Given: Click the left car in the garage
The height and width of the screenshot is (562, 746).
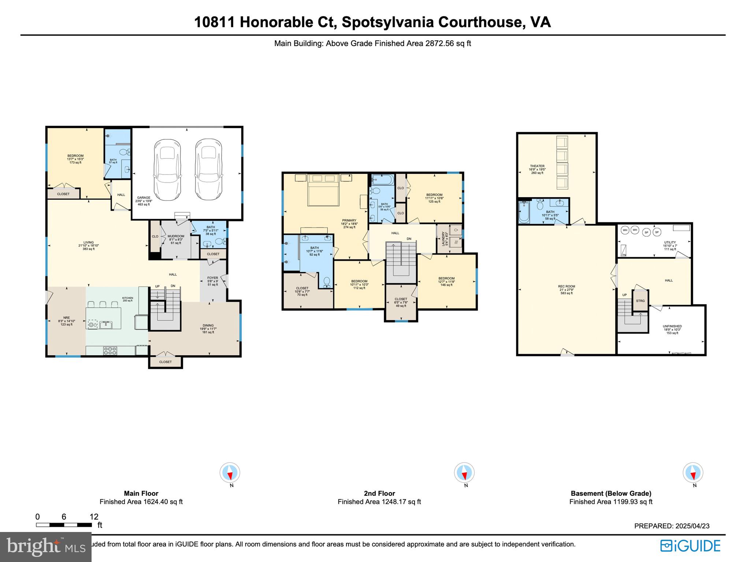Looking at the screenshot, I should coord(167,170).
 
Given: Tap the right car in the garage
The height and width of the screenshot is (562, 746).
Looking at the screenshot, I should coord(208,170).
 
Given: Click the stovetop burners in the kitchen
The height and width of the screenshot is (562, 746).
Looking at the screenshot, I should coord(110,351).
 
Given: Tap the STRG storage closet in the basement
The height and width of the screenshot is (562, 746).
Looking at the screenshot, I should coord(640,301).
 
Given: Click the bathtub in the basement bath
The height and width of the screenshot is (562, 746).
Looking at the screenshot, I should coord(524,213).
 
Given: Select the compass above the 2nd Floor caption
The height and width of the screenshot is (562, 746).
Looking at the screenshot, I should coord(464,472).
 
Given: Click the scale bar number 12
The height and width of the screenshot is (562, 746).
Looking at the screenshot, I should coord(94,517).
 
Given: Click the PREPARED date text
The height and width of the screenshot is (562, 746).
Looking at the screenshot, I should coord(672,526).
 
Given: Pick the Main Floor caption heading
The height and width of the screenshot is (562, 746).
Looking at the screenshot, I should coord(141,493).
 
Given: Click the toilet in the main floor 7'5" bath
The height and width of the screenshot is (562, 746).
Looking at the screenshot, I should coord(220,241).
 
